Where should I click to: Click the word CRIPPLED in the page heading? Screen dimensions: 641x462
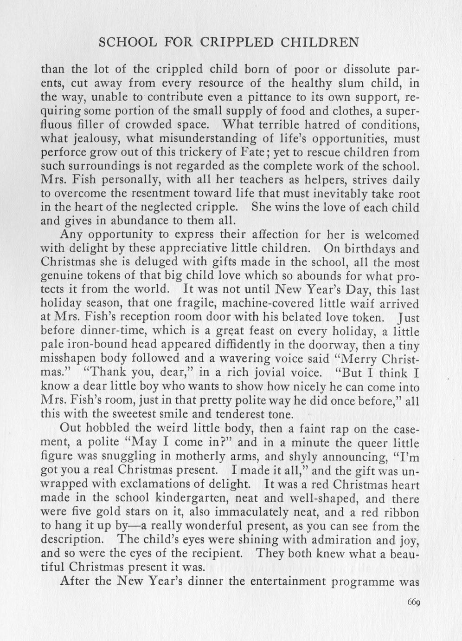click(x=237, y=43)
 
